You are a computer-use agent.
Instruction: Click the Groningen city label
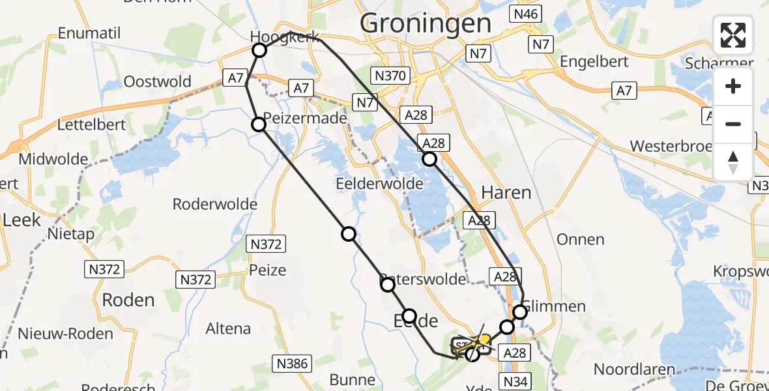pyautogui.click(x=426, y=24)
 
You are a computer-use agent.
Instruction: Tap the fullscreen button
pyautogui.click(x=733, y=35)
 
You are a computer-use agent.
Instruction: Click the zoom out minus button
pyautogui.click(x=733, y=124)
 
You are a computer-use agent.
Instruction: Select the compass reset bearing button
pyautogui.click(x=733, y=161)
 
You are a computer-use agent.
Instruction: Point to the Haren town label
pyautogui.click(x=506, y=192)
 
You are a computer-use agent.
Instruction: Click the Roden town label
pyautogui.click(x=128, y=300)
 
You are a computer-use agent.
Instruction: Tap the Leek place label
pyautogui.click(x=22, y=220)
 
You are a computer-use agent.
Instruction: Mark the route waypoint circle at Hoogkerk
pyautogui.click(x=259, y=50)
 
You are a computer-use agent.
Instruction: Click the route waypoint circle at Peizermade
pyautogui.click(x=259, y=124)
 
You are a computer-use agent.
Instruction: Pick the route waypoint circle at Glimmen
pyautogui.click(x=520, y=312)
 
